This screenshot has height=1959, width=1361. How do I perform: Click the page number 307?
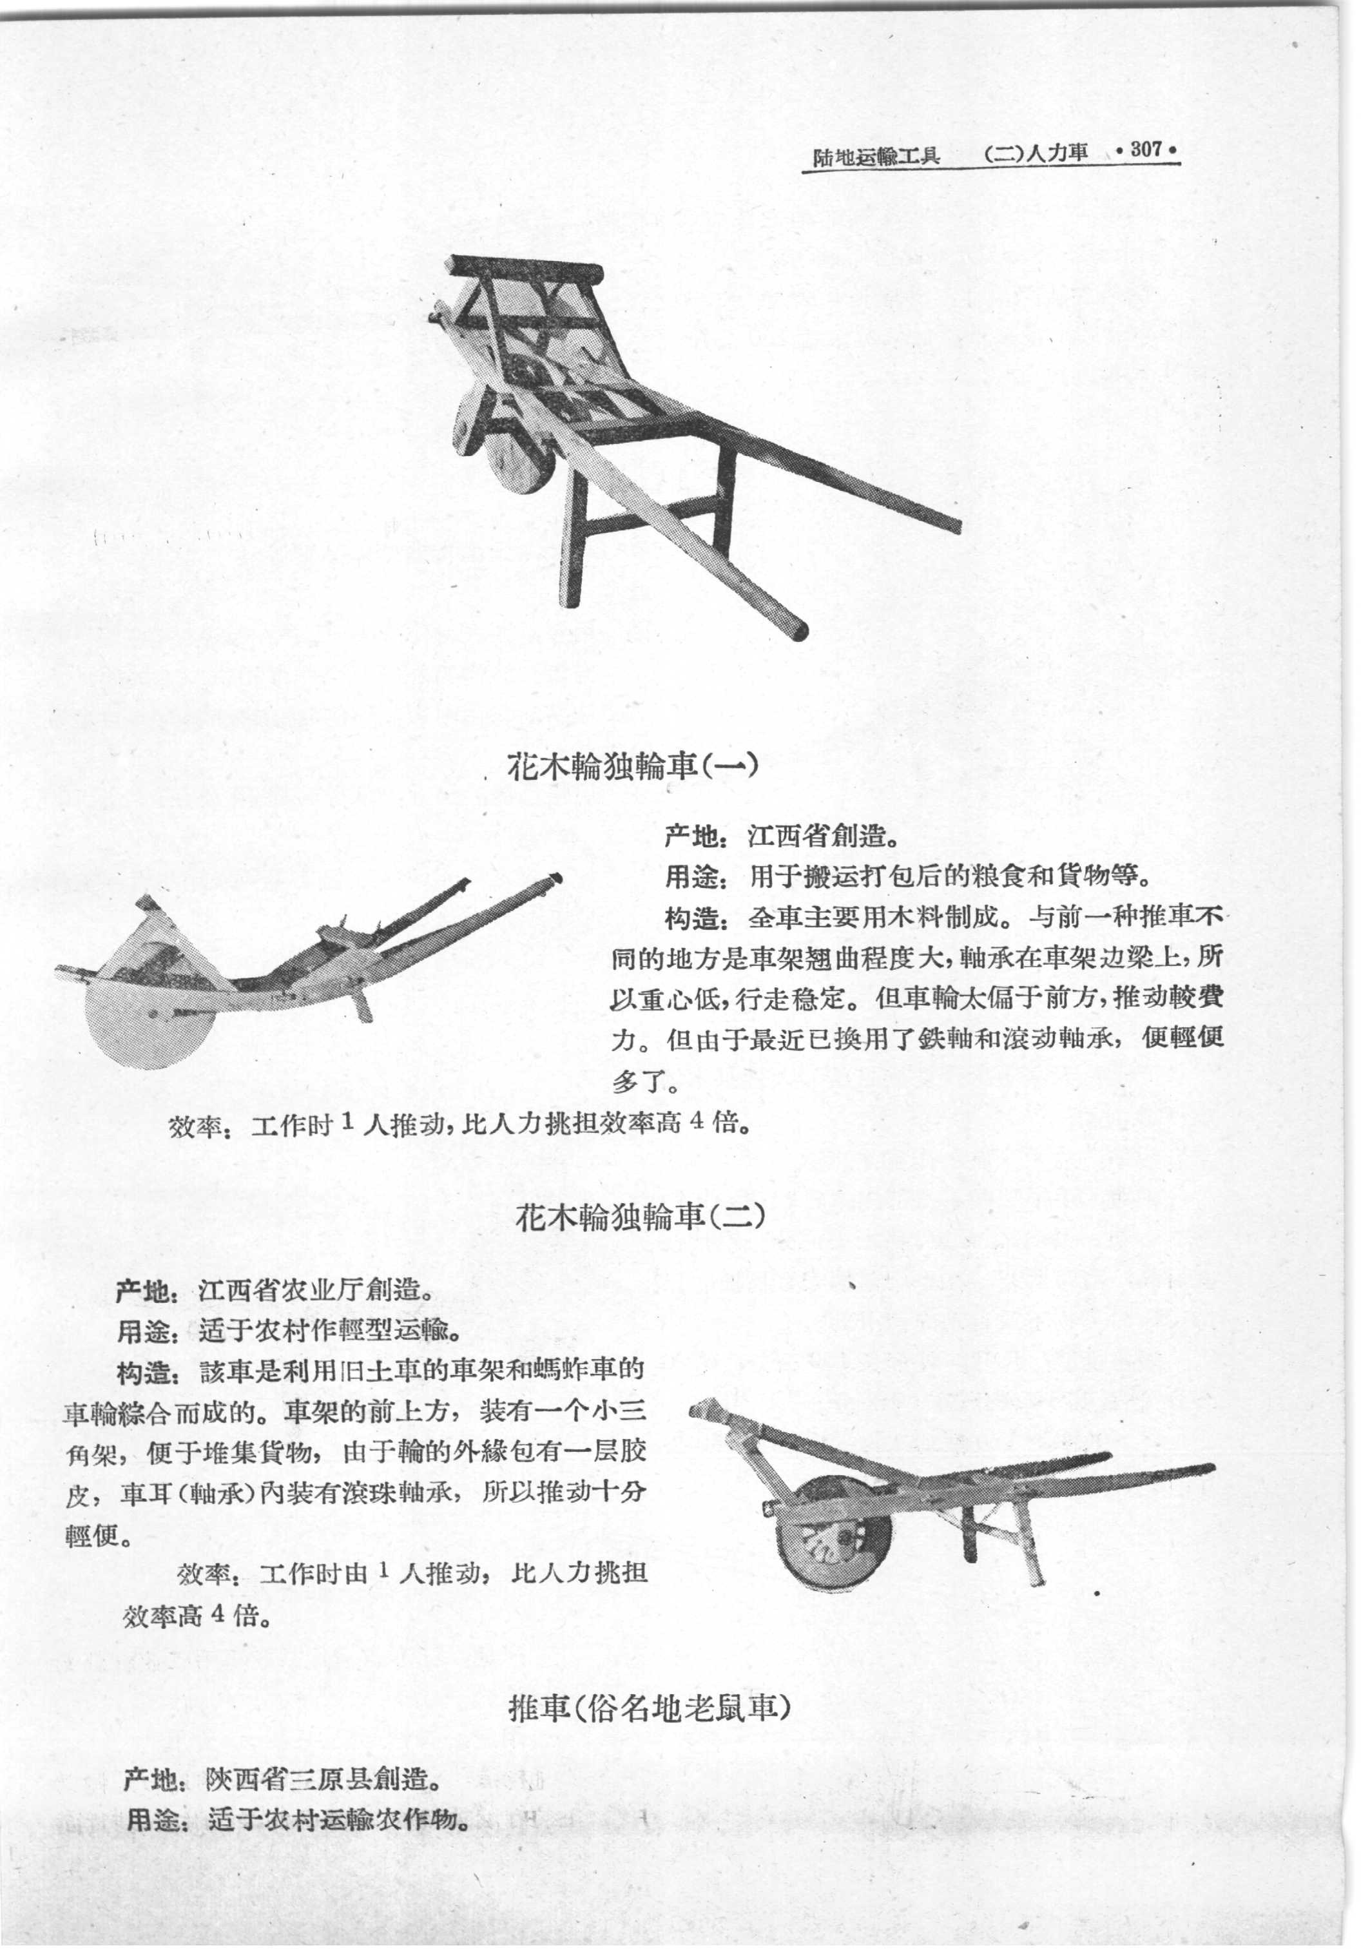tap(1147, 150)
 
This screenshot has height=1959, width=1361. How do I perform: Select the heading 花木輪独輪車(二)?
tap(639, 1216)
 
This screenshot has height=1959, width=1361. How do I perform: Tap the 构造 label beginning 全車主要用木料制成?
tap(693, 918)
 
